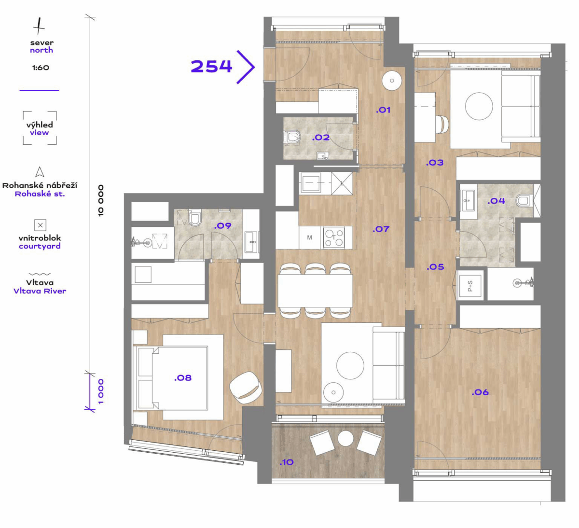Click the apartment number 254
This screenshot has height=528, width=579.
pos(211,66)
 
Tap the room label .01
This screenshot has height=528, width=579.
pos(383,110)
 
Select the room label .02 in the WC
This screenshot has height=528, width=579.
pos(321,138)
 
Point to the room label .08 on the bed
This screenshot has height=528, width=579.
pos(183,378)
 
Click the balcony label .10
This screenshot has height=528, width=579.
pos(287,462)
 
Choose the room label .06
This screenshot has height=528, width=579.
pos(480,392)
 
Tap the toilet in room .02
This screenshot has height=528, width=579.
pos(292,137)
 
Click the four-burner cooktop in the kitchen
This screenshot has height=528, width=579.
pos(334,238)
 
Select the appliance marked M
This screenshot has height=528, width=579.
pos(309,237)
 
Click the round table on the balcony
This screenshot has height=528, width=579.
pos(345,438)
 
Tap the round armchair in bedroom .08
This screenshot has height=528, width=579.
pos(246,388)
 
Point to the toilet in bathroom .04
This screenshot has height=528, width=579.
pos(523,200)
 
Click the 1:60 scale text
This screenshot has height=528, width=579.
pos(41,68)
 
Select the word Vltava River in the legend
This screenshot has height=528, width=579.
pos(40,291)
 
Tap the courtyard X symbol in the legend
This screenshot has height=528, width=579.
pos(41,225)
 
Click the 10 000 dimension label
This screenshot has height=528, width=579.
pos(100,200)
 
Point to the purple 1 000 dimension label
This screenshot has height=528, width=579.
pos(100,392)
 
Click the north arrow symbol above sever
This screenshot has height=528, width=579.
pos(39,26)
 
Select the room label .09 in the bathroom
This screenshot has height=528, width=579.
pos(223,226)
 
